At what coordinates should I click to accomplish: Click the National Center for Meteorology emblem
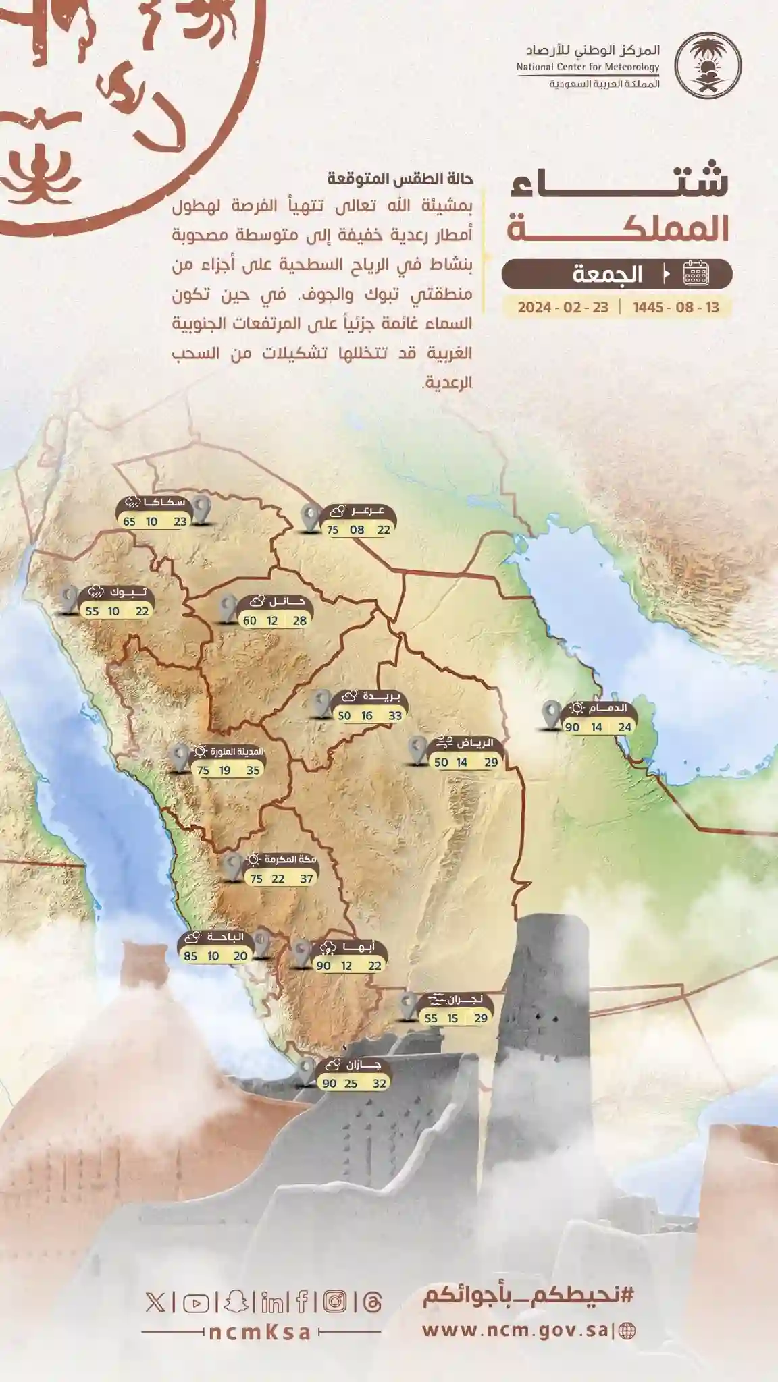pyautogui.click(x=708, y=66)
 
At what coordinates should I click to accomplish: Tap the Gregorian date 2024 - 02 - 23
pyautogui.click(x=563, y=308)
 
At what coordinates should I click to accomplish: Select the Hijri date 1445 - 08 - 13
pyautogui.click(x=675, y=308)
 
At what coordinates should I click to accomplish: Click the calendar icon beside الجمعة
pyautogui.click(x=696, y=274)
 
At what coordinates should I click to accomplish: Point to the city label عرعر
pyautogui.click(x=367, y=511)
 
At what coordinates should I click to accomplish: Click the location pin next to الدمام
pyautogui.click(x=552, y=715)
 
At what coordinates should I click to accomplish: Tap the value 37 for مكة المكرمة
pyautogui.click(x=307, y=879)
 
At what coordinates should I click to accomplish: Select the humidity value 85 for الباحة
pyautogui.click(x=190, y=956)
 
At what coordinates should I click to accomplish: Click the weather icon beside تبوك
pyautogui.click(x=95, y=593)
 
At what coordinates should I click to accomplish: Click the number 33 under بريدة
pyautogui.click(x=394, y=716)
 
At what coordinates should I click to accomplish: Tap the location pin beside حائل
pyautogui.click(x=228, y=607)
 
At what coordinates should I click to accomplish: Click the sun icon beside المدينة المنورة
pyautogui.click(x=200, y=752)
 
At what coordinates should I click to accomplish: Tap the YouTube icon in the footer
pyautogui.click(x=196, y=1302)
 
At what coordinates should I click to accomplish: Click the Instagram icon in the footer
pyautogui.click(x=334, y=1302)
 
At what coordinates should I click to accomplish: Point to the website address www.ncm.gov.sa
pyautogui.click(x=515, y=1330)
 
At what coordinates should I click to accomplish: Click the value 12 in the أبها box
pyautogui.click(x=346, y=966)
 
